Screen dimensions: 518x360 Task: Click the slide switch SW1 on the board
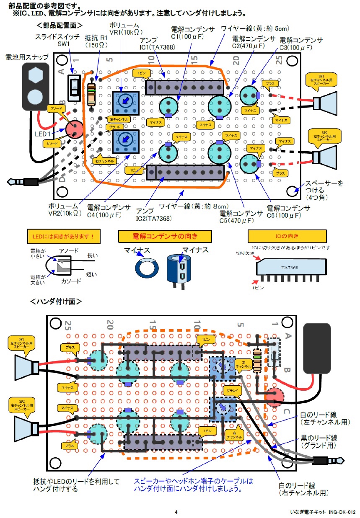pyautogui.click(x=75, y=88)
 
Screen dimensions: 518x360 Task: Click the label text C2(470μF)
pyautogui.click(x=254, y=43)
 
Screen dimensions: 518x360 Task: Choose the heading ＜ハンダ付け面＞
pyautogui.click(x=55, y=301)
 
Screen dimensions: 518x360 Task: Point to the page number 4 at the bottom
pyautogui.click(x=176, y=512)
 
